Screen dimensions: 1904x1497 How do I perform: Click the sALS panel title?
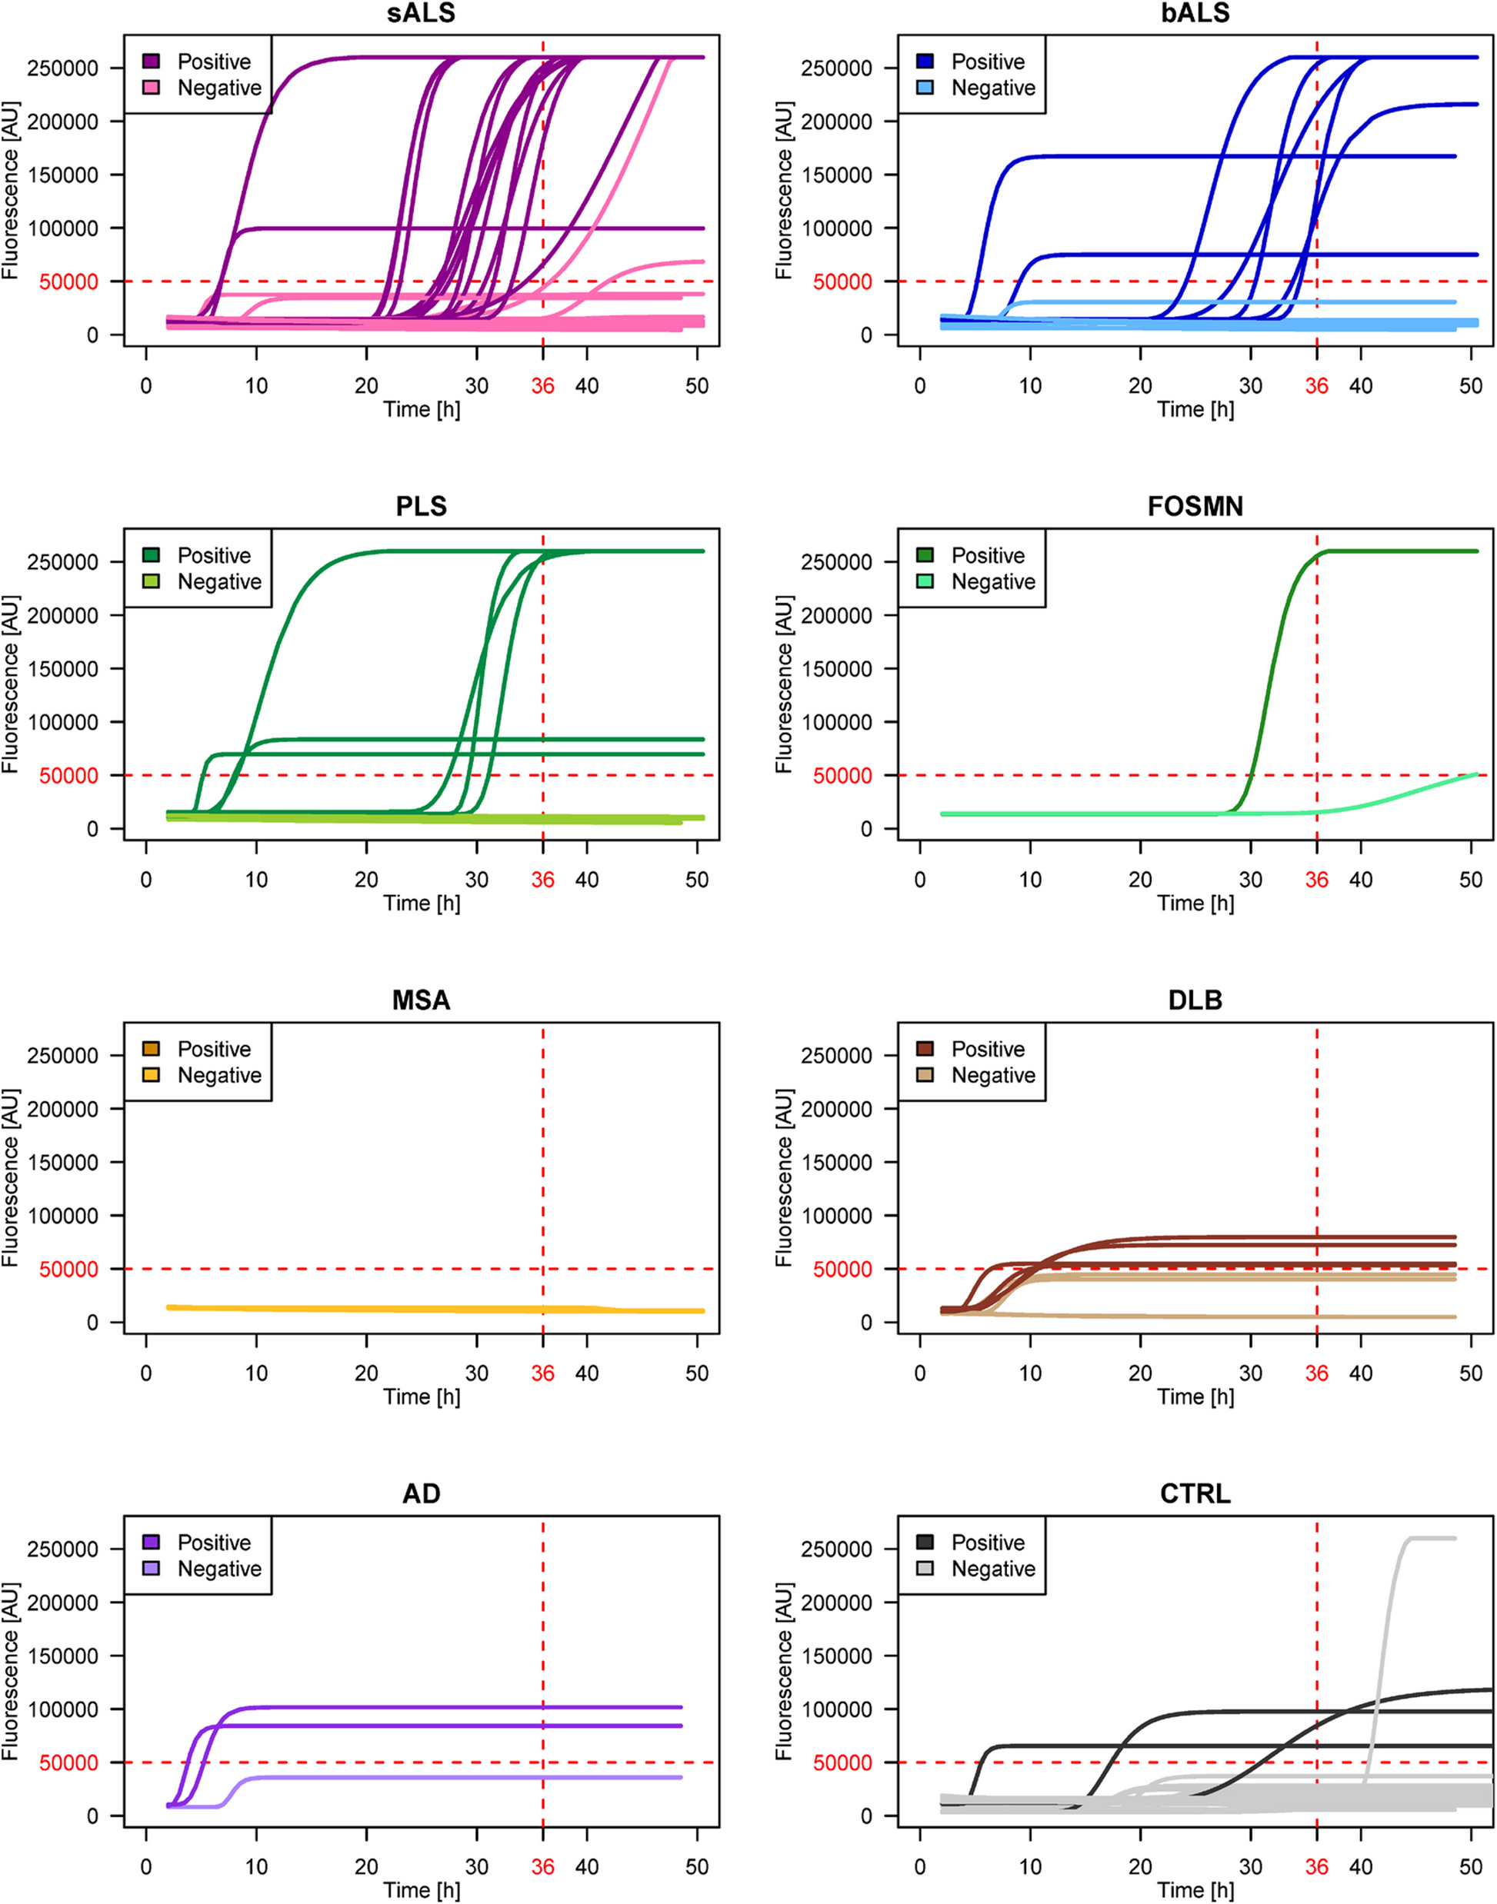[421, 13]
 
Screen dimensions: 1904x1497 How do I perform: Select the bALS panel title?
[1195, 13]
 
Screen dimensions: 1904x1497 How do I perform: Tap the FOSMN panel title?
[1195, 507]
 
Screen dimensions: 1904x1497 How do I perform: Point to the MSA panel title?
[421, 1000]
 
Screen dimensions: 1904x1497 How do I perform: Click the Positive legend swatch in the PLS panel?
[151, 555]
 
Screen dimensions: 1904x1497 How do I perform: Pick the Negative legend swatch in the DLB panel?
[925, 1075]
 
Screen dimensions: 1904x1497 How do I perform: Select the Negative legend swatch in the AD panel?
[151, 1569]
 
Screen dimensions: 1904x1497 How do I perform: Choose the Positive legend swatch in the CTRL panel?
[925, 1542]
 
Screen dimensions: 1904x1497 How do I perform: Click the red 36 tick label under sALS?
[542, 385]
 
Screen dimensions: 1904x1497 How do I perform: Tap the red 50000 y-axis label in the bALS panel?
[842, 282]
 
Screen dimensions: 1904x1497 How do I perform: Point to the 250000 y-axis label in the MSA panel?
[62, 1056]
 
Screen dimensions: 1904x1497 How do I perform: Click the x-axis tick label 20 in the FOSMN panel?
[1140, 880]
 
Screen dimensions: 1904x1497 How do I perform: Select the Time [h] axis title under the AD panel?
[421, 1890]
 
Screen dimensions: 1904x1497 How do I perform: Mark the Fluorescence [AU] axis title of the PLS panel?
[11, 684]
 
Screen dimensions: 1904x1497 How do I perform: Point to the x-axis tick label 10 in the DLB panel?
[1030, 1373]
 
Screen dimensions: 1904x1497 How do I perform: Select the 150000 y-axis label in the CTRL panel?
[836, 1656]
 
